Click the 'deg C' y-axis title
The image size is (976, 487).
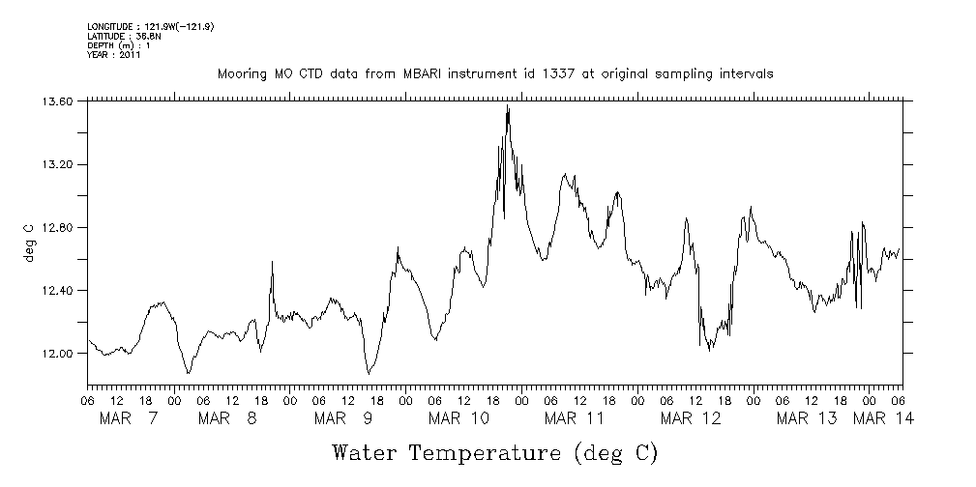point(28,243)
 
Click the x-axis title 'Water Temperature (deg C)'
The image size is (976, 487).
point(495,451)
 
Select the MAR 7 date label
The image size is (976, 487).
point(129,418)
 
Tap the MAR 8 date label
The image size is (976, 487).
point(226,418)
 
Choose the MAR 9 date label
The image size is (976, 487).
point(342,418)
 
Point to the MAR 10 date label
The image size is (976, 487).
point(458,418)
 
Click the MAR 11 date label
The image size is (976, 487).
point(574,418)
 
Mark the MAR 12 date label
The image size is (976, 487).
point(691,418)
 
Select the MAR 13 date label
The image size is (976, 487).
point(807,418)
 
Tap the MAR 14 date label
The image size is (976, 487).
point(882,418)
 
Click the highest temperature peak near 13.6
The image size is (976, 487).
point(508,107)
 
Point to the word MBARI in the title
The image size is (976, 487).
point(427,73)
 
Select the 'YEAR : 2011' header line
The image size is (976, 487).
point(115,55)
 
